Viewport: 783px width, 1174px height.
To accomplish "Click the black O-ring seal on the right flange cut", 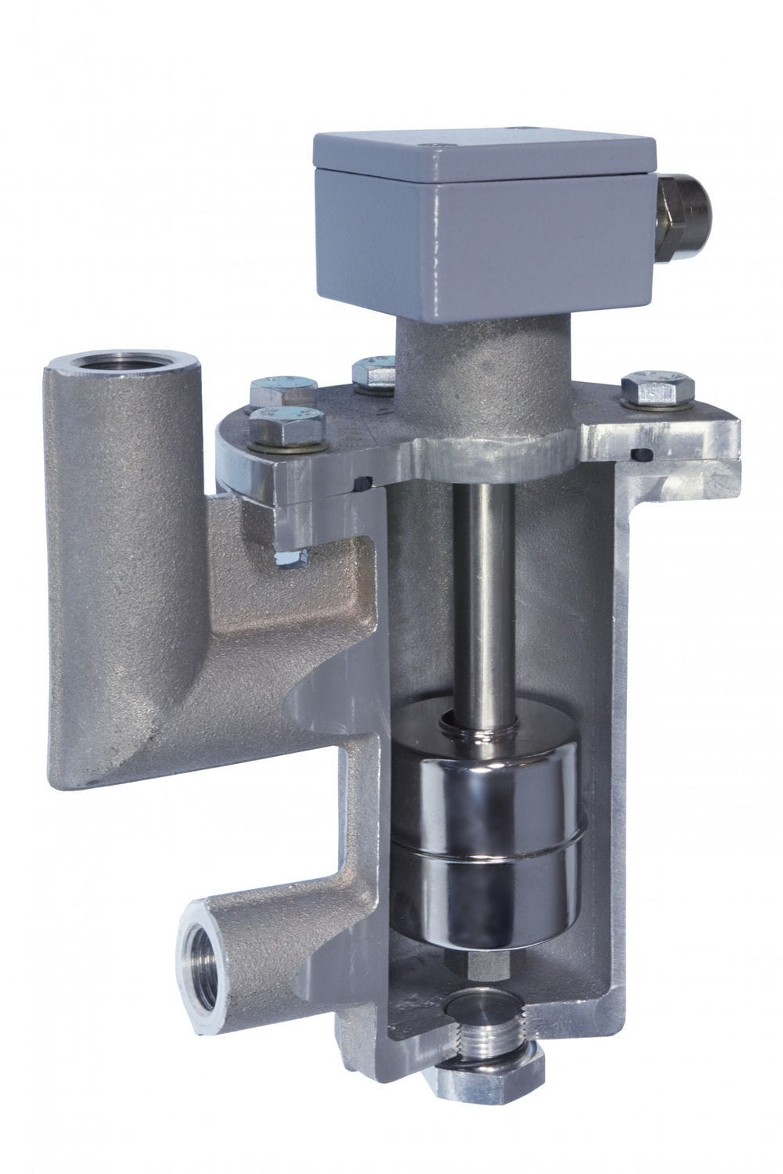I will click(x=643, y=455).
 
